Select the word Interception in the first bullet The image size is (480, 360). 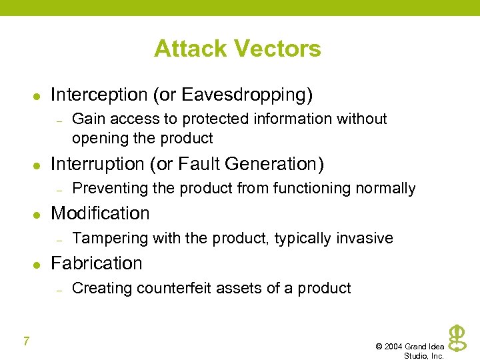[x=99, y=95]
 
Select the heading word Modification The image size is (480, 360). [x=100, y=213]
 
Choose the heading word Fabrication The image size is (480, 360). [x=97, y=263]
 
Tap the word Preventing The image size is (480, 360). [x=110, y=189]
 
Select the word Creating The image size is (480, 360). [x=97, y=288]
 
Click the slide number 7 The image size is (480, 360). [x=26, y=342]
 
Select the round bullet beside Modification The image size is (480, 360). [x=37, y=215]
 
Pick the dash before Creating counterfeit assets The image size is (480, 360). [x=59, y=289]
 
